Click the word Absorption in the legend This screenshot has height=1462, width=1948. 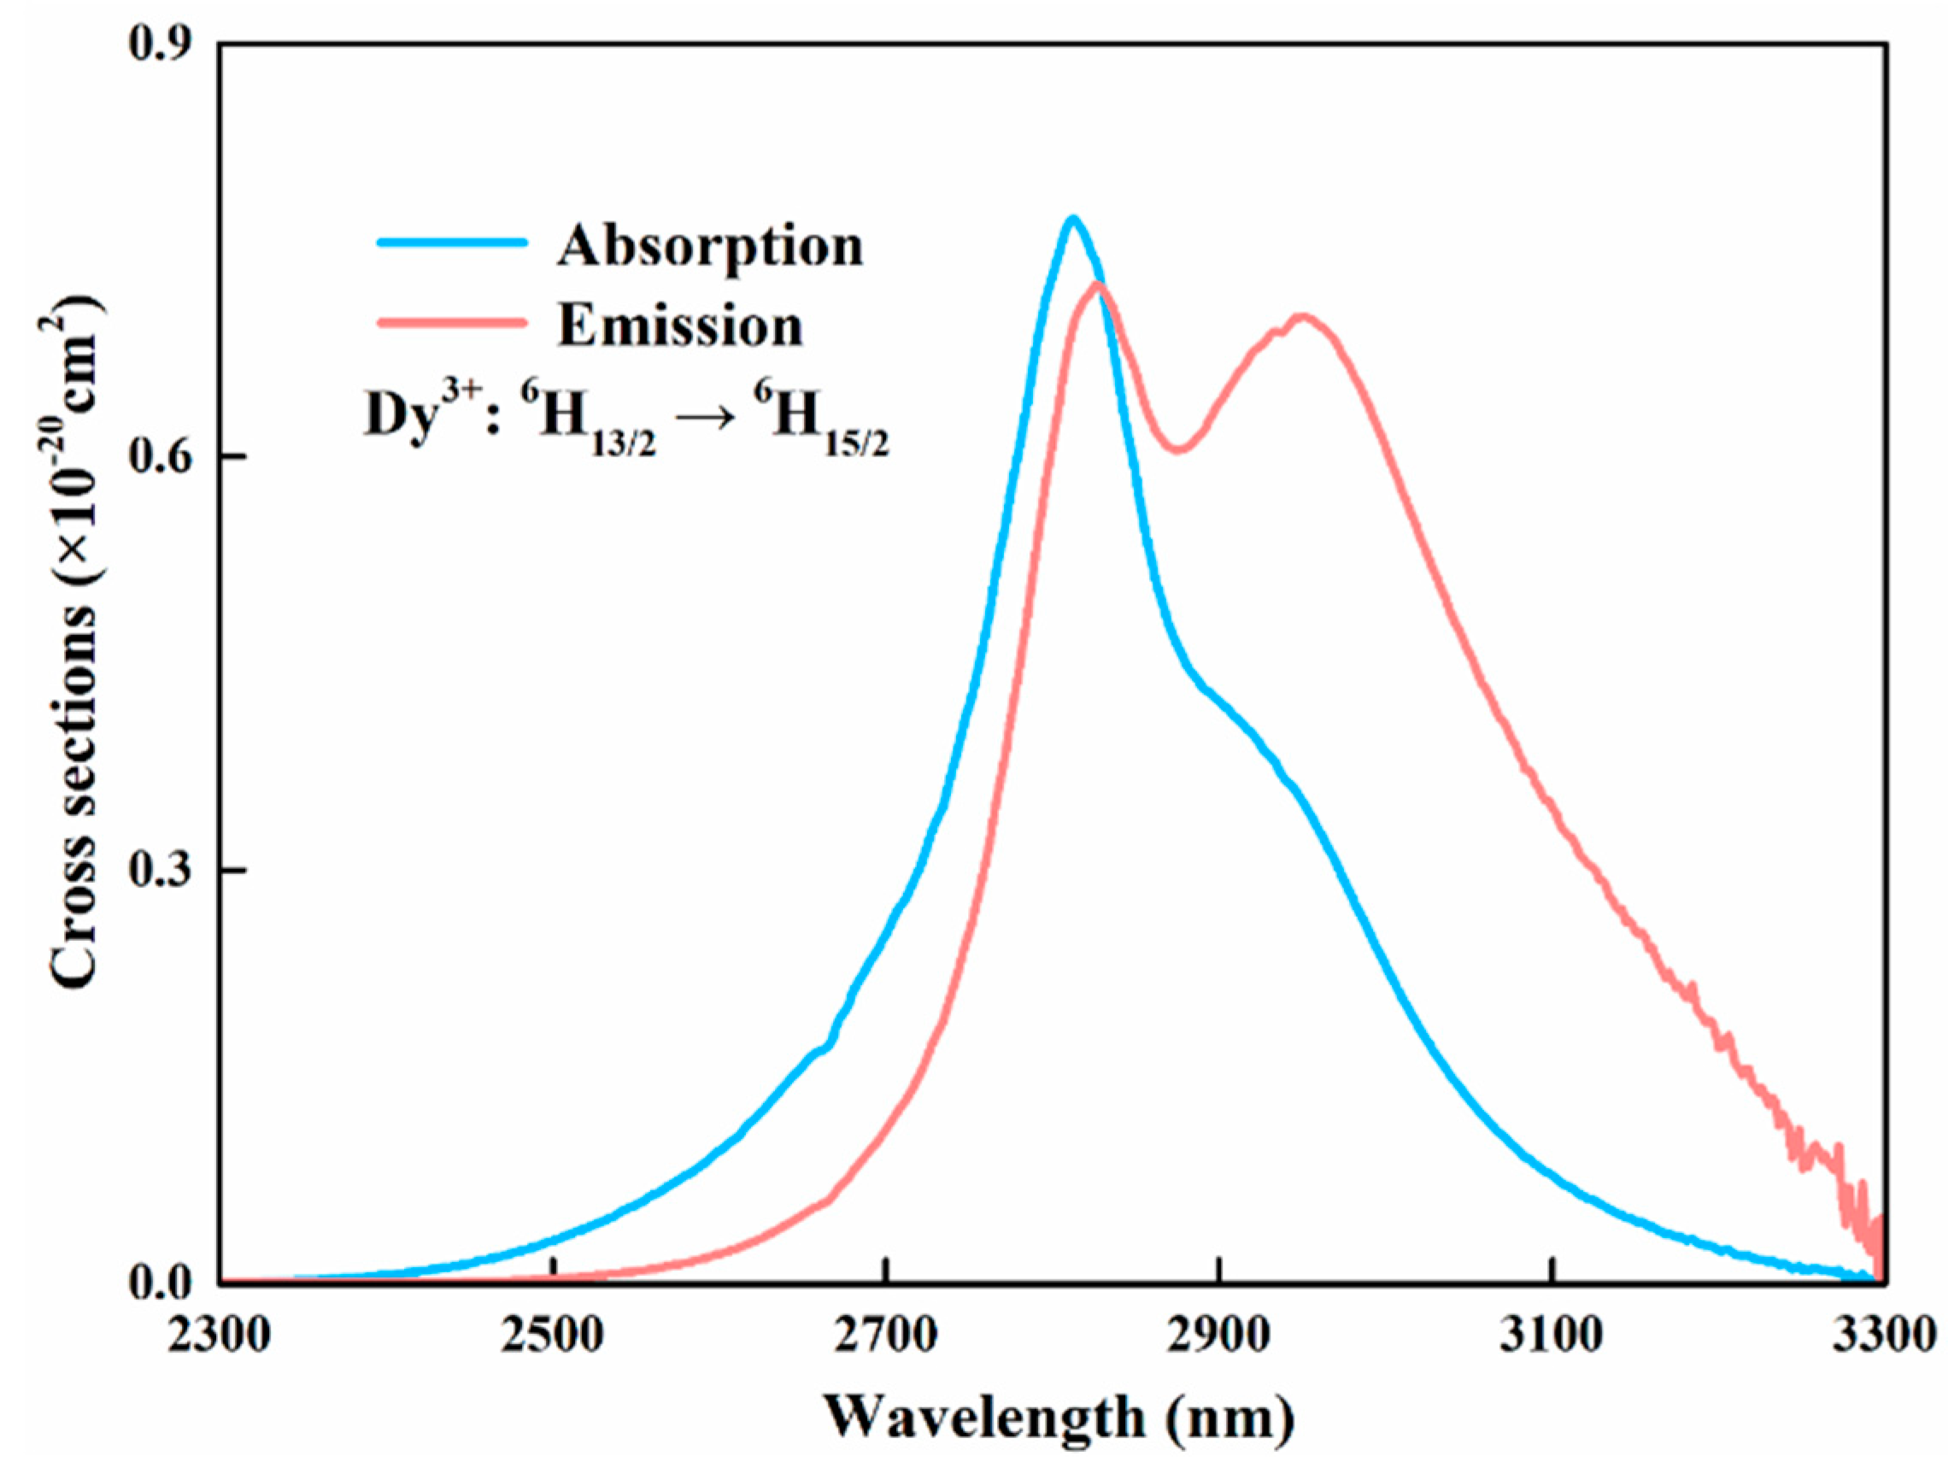point(710,247)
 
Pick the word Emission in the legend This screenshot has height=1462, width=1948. point(680,326)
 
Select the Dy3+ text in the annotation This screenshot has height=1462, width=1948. point(423,414)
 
